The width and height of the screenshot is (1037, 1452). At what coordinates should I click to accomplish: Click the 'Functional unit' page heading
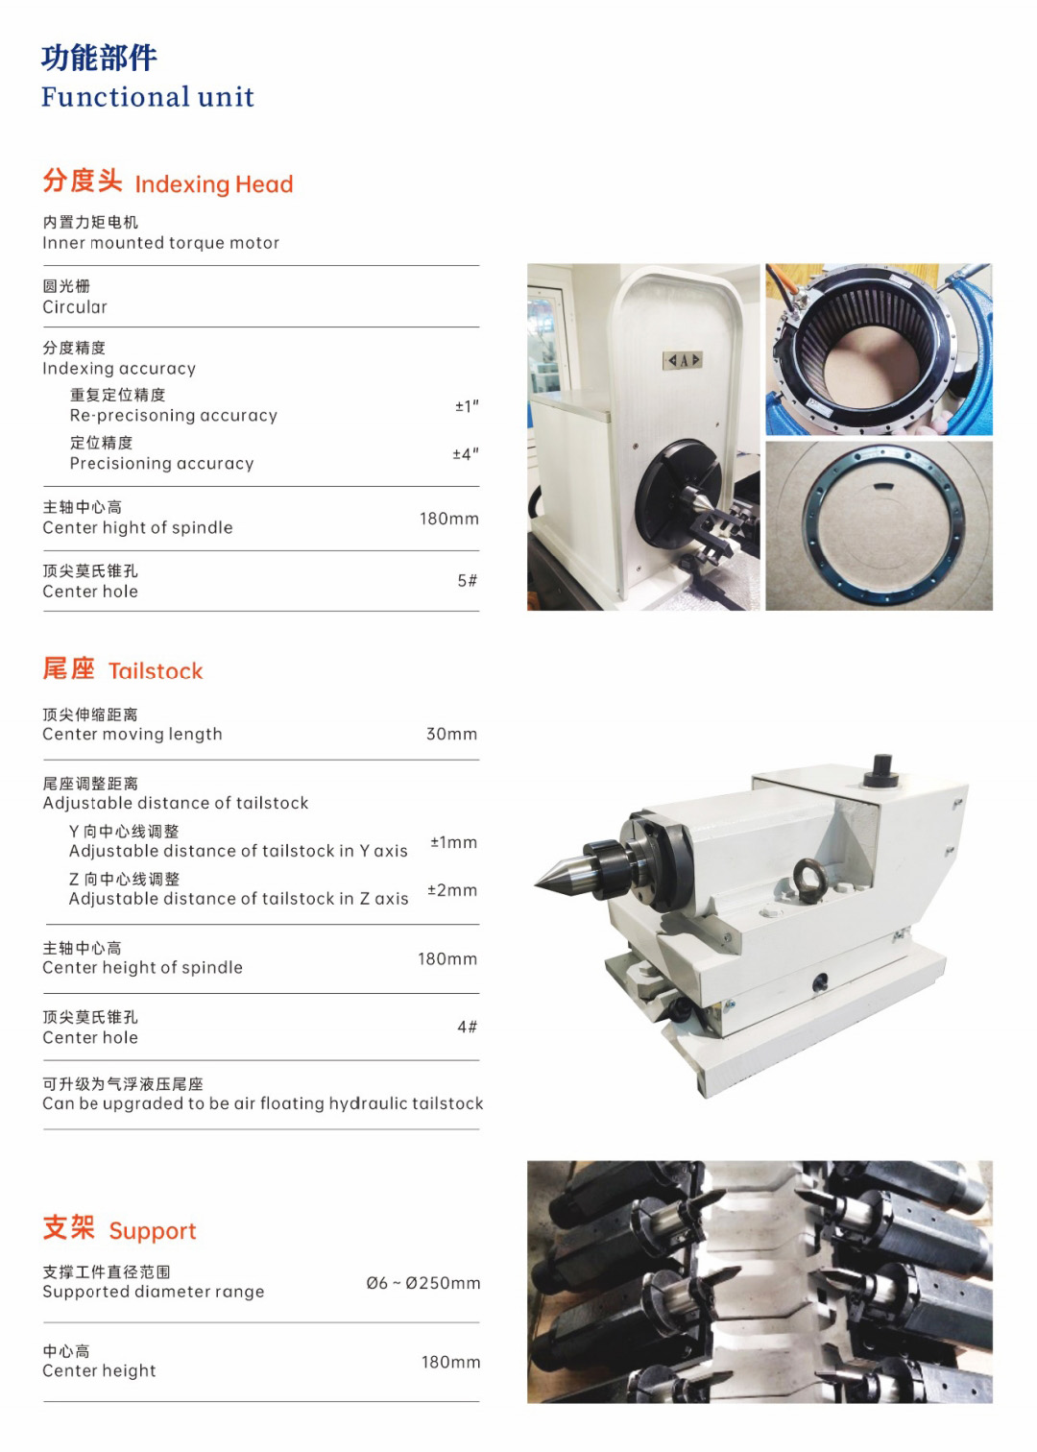(148, 97)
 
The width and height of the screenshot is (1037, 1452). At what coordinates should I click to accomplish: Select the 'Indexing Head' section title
(214, 184)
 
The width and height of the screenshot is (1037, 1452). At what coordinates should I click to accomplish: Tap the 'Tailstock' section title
(156, 671)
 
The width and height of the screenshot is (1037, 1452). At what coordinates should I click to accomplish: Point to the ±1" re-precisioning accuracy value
(467, 406)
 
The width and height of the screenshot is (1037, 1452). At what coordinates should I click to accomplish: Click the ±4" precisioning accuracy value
(466, 453)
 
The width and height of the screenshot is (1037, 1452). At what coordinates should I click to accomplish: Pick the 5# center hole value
(468, 581)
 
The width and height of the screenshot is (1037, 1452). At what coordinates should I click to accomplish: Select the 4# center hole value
(468, 1027)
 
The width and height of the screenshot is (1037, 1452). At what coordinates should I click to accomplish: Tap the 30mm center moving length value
(451, 734)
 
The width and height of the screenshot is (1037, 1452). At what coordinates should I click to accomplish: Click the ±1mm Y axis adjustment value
(453, 842)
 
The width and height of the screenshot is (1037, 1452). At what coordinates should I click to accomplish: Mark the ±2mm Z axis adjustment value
(452, 890)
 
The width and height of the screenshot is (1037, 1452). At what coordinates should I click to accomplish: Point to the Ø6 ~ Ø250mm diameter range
(423, 1283)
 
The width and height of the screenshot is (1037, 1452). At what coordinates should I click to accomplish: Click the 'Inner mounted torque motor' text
(160, 242)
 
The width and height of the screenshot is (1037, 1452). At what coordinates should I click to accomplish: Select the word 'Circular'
(75, 306)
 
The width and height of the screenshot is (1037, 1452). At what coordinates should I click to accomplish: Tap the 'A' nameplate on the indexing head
(683, 360)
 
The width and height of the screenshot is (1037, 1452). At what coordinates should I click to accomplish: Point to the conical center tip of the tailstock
(536, 883)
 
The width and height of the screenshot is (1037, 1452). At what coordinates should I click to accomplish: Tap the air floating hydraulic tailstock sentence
(262, 1103)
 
